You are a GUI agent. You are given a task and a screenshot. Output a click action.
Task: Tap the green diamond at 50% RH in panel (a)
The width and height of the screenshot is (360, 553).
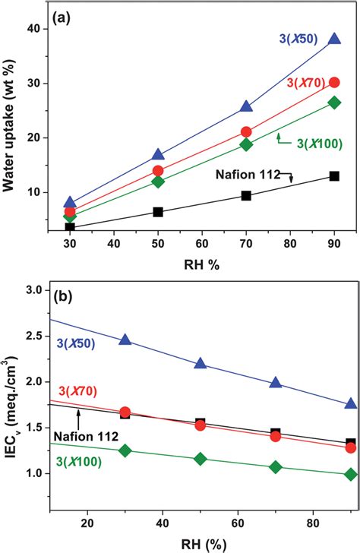[x=158, y=182]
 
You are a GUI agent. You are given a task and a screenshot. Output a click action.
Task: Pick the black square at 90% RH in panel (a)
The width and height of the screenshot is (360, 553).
[x=334, y=176]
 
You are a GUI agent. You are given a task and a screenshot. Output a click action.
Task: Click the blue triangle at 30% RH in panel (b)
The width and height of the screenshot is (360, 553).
[x=125, y=340]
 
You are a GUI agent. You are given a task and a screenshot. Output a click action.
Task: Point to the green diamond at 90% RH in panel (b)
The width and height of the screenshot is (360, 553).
[x=350, y=474]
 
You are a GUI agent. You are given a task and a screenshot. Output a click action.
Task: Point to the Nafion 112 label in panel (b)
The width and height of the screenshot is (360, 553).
[x=83, y=434]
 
